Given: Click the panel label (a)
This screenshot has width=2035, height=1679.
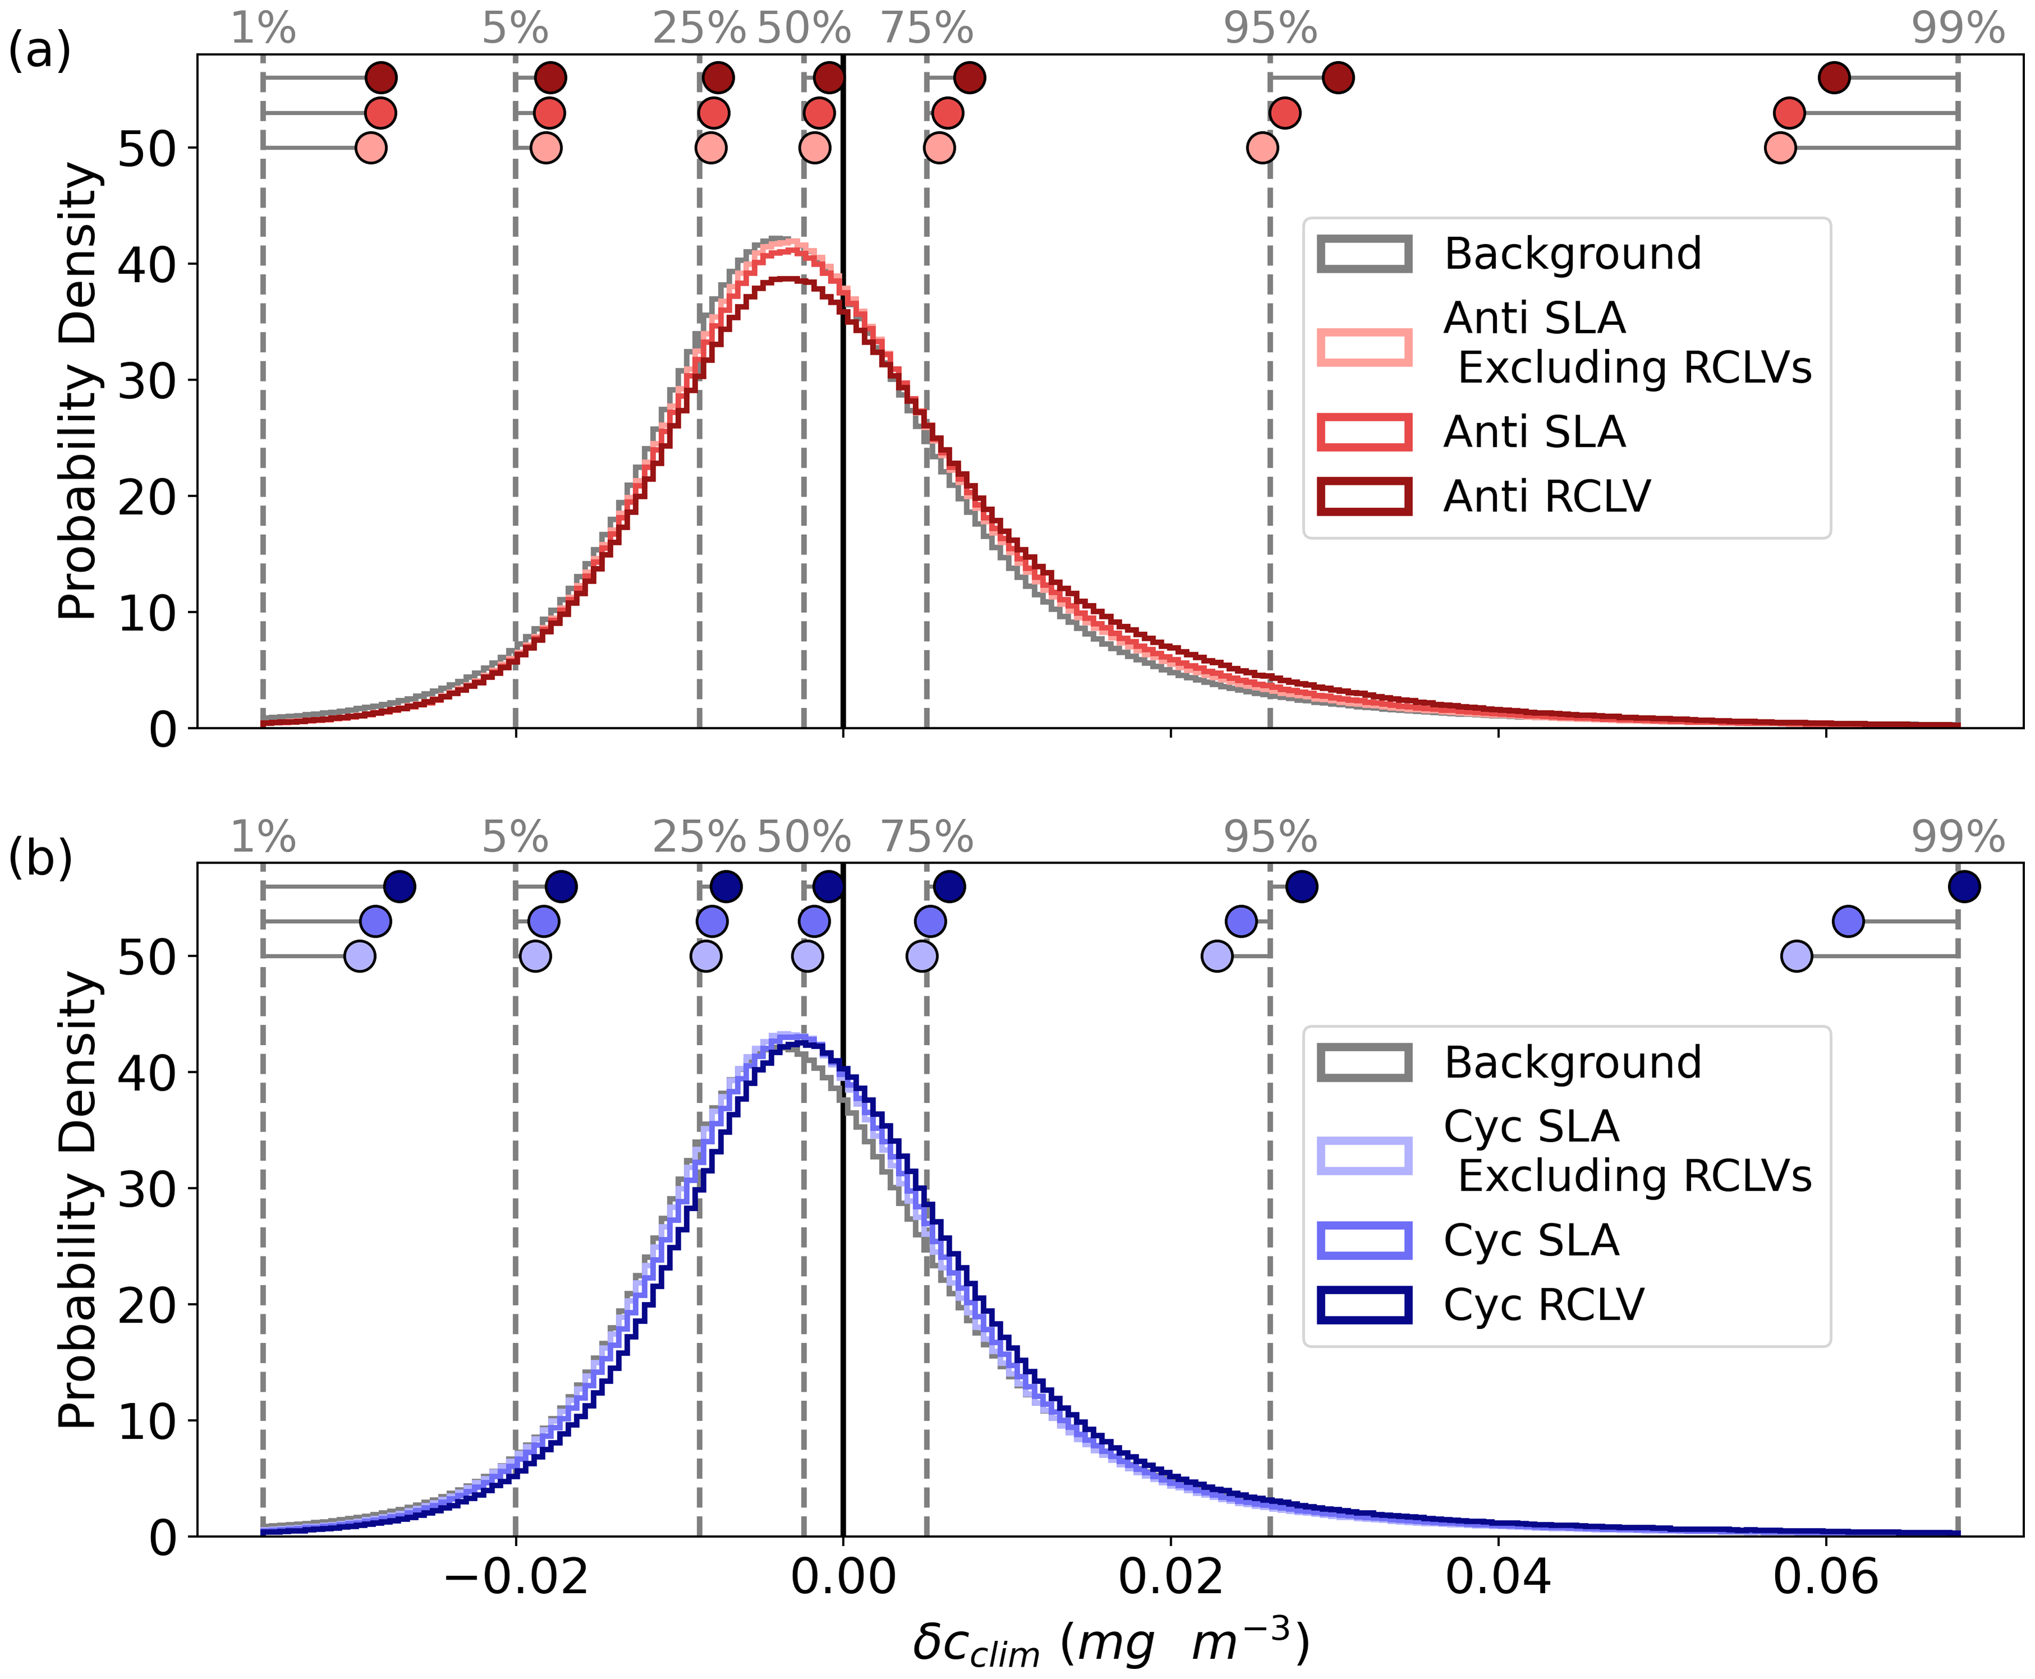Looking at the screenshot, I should [x=39, y=51].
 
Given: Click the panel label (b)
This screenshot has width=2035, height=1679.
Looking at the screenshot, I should [x=39, y=859].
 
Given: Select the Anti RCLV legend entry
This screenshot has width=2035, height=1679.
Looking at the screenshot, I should [x=1546, y=496].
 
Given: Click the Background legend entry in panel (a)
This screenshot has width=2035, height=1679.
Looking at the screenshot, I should [x=1571, y=254].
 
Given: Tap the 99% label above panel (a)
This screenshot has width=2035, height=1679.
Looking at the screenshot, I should [x=1958, y=29].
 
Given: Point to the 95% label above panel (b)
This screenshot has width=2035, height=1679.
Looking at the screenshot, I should [x=1270, y=838].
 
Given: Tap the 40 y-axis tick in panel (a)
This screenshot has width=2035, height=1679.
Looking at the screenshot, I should [x=147, y=264].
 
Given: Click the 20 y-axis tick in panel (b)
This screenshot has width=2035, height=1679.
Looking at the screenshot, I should [x=147, y=1305].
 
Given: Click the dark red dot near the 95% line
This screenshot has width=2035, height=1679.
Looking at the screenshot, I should [x=1337, y=77].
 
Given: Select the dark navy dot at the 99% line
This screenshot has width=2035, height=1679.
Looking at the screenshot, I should [x=1963, y=886].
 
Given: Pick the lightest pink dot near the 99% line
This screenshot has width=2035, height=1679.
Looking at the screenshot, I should [x=1780, y=148].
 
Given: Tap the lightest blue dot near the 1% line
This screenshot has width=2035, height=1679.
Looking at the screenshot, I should [x=360, y=957].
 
